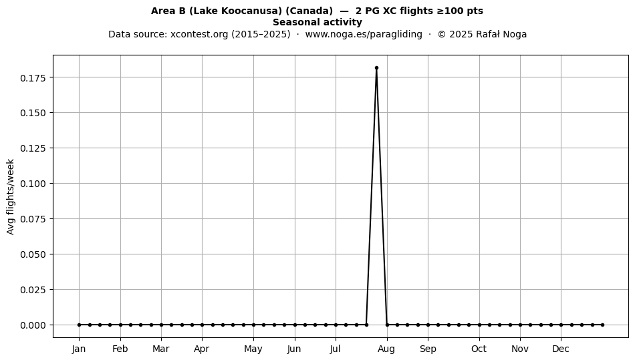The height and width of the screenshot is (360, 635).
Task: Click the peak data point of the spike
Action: pos(376,68)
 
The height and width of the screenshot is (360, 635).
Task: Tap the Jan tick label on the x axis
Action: pos(79,349)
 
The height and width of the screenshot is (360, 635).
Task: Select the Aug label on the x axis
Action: pos(387,349)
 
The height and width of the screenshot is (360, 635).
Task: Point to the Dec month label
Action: pos(561,349)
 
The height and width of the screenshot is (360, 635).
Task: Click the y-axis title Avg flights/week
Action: pos(11,196)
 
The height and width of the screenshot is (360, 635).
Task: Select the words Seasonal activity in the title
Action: pos(317,22)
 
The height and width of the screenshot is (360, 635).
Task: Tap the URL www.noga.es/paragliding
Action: pos(364,34)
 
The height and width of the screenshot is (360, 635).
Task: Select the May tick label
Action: pos(253,349)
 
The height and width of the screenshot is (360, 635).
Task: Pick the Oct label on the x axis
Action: pos(479,349)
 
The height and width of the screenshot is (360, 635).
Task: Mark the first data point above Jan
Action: pos(79,325)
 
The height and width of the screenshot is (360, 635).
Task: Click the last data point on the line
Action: pos(603,325)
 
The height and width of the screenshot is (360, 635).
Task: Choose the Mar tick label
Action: pos(161,349)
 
